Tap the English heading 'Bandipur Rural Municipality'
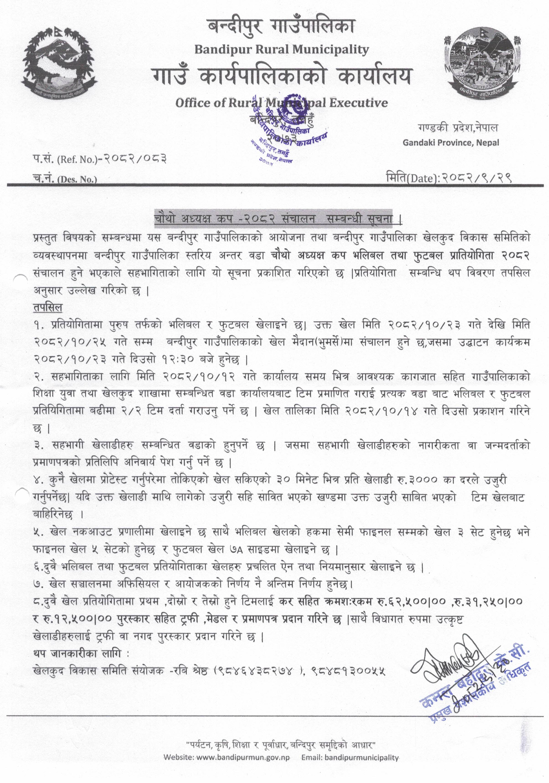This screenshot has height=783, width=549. click(281, 50)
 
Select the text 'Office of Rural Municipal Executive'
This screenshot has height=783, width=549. click(281, 103)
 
